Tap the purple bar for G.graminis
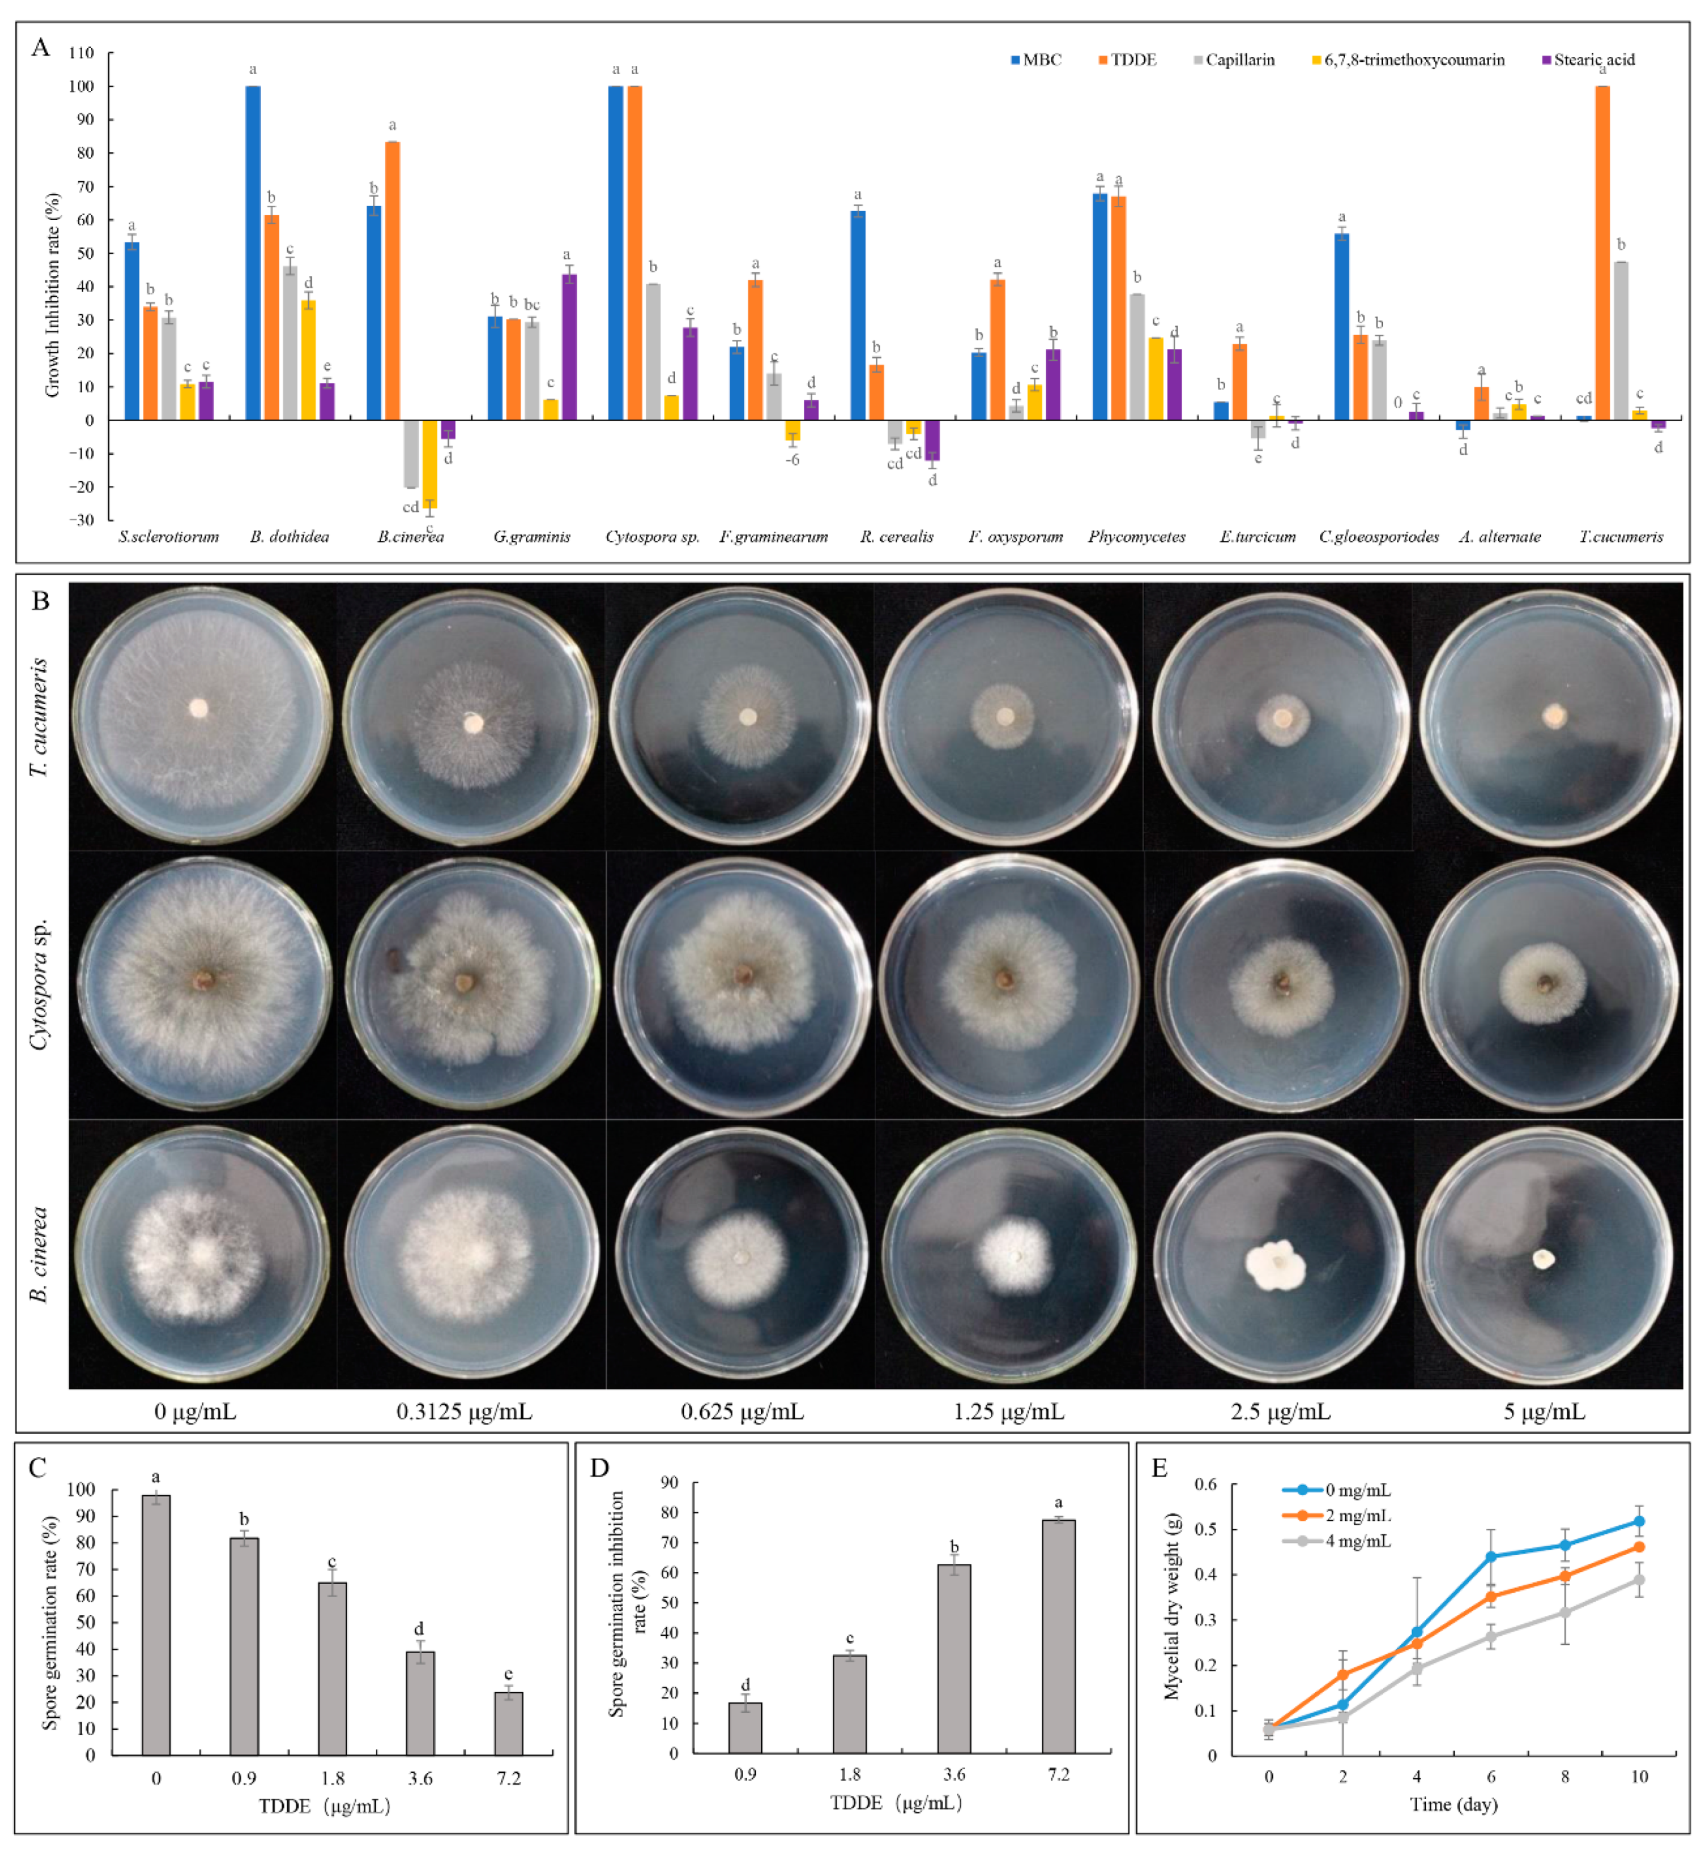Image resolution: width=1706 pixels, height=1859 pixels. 570,347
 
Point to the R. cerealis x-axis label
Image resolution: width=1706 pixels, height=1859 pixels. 896,536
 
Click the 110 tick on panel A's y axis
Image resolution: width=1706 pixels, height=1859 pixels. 81,53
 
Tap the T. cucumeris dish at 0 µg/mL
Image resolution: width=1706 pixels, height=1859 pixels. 201,716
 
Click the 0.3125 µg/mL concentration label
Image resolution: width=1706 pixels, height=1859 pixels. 464,1411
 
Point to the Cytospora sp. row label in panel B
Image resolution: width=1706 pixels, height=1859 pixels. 39,985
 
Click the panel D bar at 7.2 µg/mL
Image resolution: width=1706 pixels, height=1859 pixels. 1058,1638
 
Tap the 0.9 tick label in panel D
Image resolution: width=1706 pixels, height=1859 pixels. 745,1774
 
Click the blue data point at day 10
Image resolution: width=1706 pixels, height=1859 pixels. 1638,1521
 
